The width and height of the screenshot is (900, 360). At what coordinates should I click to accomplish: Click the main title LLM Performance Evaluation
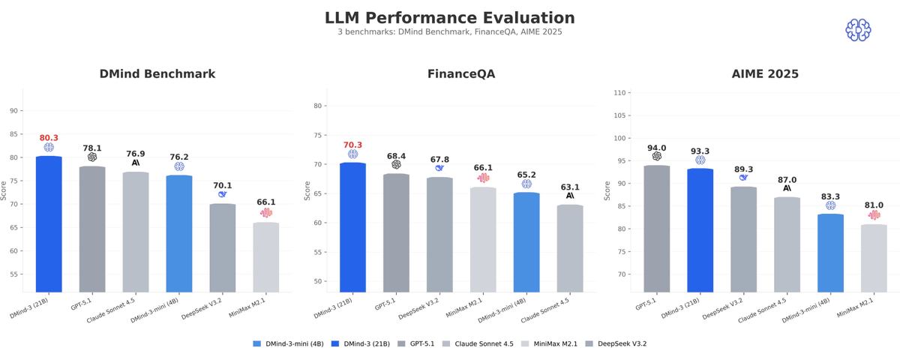449,18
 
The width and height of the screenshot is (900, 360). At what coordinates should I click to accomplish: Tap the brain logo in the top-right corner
858,30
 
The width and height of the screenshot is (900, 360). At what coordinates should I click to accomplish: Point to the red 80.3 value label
49,138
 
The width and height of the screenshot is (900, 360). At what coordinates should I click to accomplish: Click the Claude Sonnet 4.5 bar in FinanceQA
570,248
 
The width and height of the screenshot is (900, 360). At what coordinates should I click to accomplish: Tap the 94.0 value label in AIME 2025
656,148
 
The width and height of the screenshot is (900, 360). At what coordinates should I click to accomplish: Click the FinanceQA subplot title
460,74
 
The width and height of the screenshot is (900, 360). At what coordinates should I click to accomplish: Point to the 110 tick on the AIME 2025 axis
619,93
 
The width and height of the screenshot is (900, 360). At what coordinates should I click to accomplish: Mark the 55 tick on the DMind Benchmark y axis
13,274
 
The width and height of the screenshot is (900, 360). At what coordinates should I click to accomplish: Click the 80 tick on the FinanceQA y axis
317,106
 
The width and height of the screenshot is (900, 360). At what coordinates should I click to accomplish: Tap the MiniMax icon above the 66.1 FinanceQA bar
483,178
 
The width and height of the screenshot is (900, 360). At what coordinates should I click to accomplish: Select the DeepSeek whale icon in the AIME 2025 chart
743,178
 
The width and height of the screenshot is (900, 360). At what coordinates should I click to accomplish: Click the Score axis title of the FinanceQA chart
307,190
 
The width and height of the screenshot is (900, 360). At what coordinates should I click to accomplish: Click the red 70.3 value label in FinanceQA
352,145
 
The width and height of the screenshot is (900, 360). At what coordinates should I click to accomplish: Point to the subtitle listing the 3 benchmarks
449,32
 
